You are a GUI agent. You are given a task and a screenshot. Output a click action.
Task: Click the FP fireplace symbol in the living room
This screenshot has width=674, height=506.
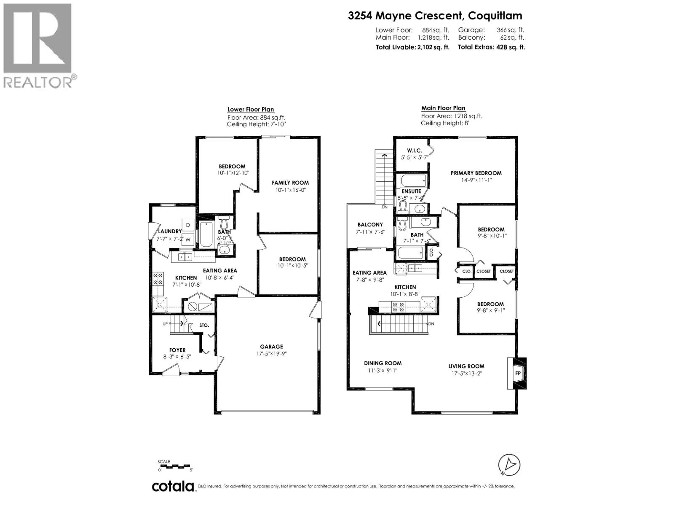(518, 373)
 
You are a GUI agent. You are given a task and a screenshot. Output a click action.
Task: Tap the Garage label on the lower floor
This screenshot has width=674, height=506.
(271, 347)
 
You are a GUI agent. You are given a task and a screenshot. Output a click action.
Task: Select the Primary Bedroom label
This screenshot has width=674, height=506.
(476, 173)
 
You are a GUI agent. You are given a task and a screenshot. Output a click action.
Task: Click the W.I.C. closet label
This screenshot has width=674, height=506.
(414, 151)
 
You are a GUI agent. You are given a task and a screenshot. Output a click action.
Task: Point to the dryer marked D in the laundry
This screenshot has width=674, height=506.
(187, 225)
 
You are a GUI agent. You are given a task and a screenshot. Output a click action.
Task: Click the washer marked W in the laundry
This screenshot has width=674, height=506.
(188, 240)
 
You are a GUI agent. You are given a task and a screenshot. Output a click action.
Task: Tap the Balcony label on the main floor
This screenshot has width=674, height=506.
(370, 225)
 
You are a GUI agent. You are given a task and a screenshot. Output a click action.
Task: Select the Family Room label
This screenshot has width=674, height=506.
(290, 183)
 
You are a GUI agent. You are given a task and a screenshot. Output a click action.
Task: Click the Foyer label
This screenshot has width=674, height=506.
(177, 350)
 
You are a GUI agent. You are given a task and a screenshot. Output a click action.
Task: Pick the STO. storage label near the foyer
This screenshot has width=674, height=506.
(204, 325)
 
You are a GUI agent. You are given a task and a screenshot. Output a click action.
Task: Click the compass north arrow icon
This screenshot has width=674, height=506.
(509, 464)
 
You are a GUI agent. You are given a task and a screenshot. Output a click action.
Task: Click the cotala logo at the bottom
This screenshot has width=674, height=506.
(173, 486)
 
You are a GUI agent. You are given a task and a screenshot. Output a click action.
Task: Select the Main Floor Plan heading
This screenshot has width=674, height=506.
(444, 108)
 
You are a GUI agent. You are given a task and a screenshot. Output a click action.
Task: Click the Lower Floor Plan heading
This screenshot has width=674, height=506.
(251, 110)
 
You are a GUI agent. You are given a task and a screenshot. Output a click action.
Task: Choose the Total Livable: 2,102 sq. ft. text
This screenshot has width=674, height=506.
(412, 47)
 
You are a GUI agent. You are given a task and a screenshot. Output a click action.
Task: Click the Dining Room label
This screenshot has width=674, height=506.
(382, 363)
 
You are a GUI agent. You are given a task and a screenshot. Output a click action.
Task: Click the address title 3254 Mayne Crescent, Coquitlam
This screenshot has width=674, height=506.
(435, 16)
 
